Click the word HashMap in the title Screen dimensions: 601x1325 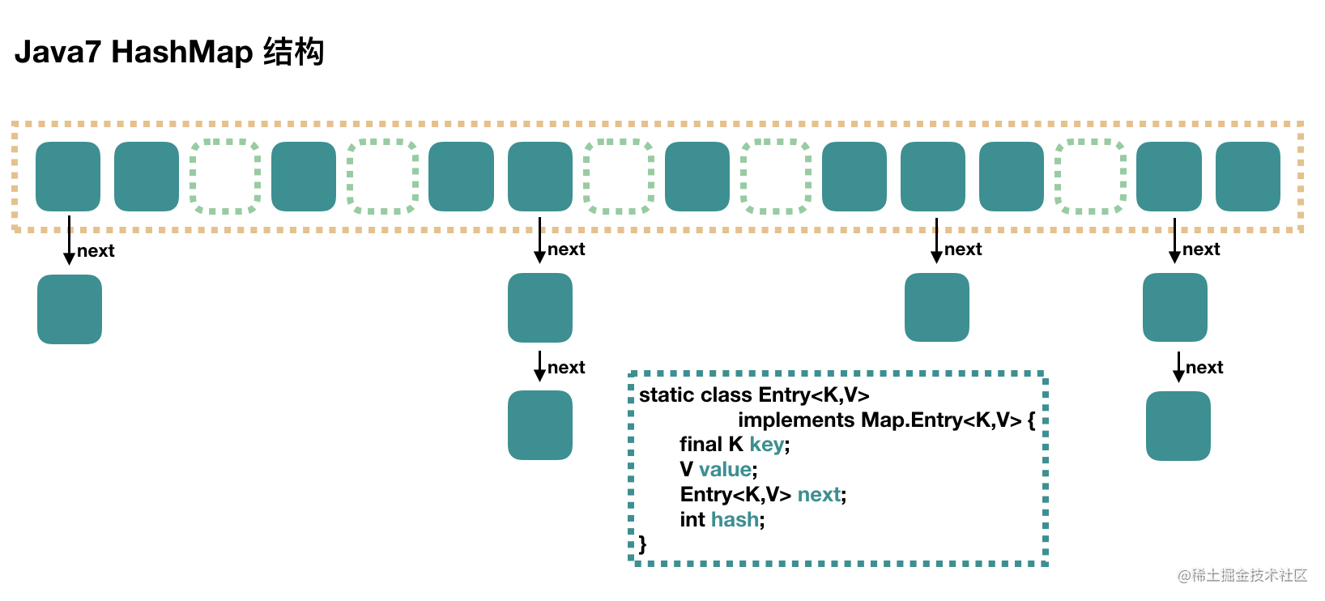(x=182, y=52)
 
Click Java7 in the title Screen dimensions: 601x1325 (x=58, y=52)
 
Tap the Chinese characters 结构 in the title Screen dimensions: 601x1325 (x=293, y=52)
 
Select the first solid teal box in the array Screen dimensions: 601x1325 (x=68, y=177)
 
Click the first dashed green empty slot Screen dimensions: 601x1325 (x=225, y=177)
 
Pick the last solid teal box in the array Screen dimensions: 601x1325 (x=1247, y=177)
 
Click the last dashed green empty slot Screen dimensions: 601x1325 (x=1090, y=177)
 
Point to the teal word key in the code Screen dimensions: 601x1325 (x=766, y=445)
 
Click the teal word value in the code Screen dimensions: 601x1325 (x=725, y=470)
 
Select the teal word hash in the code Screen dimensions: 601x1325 (x=735, y=520)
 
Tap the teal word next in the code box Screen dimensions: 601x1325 (x=819, y=495)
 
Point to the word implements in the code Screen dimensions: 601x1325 (x=796, y=420)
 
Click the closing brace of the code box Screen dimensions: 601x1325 (x=643, y=544)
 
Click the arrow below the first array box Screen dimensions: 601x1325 (x=69, y=241)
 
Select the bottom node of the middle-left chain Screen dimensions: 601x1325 (x=540, y=425)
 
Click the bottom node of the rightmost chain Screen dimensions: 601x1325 (x=1178, y=426)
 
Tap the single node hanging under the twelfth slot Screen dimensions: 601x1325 (x=936, y=307)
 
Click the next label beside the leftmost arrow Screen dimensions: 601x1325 (x=96, y=251)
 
